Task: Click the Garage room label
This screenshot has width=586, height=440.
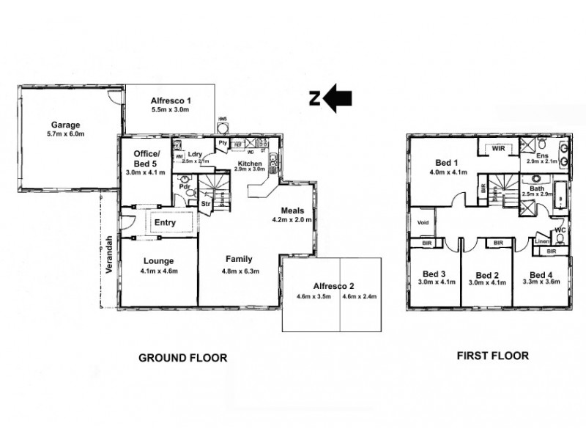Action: pos(65,125)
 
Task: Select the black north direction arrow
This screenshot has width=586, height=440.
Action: pos(338,98)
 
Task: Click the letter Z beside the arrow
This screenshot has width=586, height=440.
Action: pos(314,98)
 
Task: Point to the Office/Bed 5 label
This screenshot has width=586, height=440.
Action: pos(146,158)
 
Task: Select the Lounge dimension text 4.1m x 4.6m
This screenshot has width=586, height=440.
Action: pos(158,271)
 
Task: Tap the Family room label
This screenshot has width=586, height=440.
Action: pos(239,259)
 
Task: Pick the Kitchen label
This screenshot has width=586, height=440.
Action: pos(249,163)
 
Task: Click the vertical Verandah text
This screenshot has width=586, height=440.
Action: pos(108,254)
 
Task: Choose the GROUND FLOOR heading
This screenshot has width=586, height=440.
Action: pos(182,358)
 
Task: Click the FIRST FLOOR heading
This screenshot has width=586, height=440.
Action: pos(492,356)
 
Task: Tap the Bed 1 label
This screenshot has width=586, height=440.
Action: pos(447,163)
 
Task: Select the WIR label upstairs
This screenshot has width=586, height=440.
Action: pos(498,149)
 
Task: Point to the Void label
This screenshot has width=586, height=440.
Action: pos(423,222)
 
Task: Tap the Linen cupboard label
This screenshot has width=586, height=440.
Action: pos(541,241)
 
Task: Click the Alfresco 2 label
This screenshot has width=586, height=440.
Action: pos(334,287)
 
